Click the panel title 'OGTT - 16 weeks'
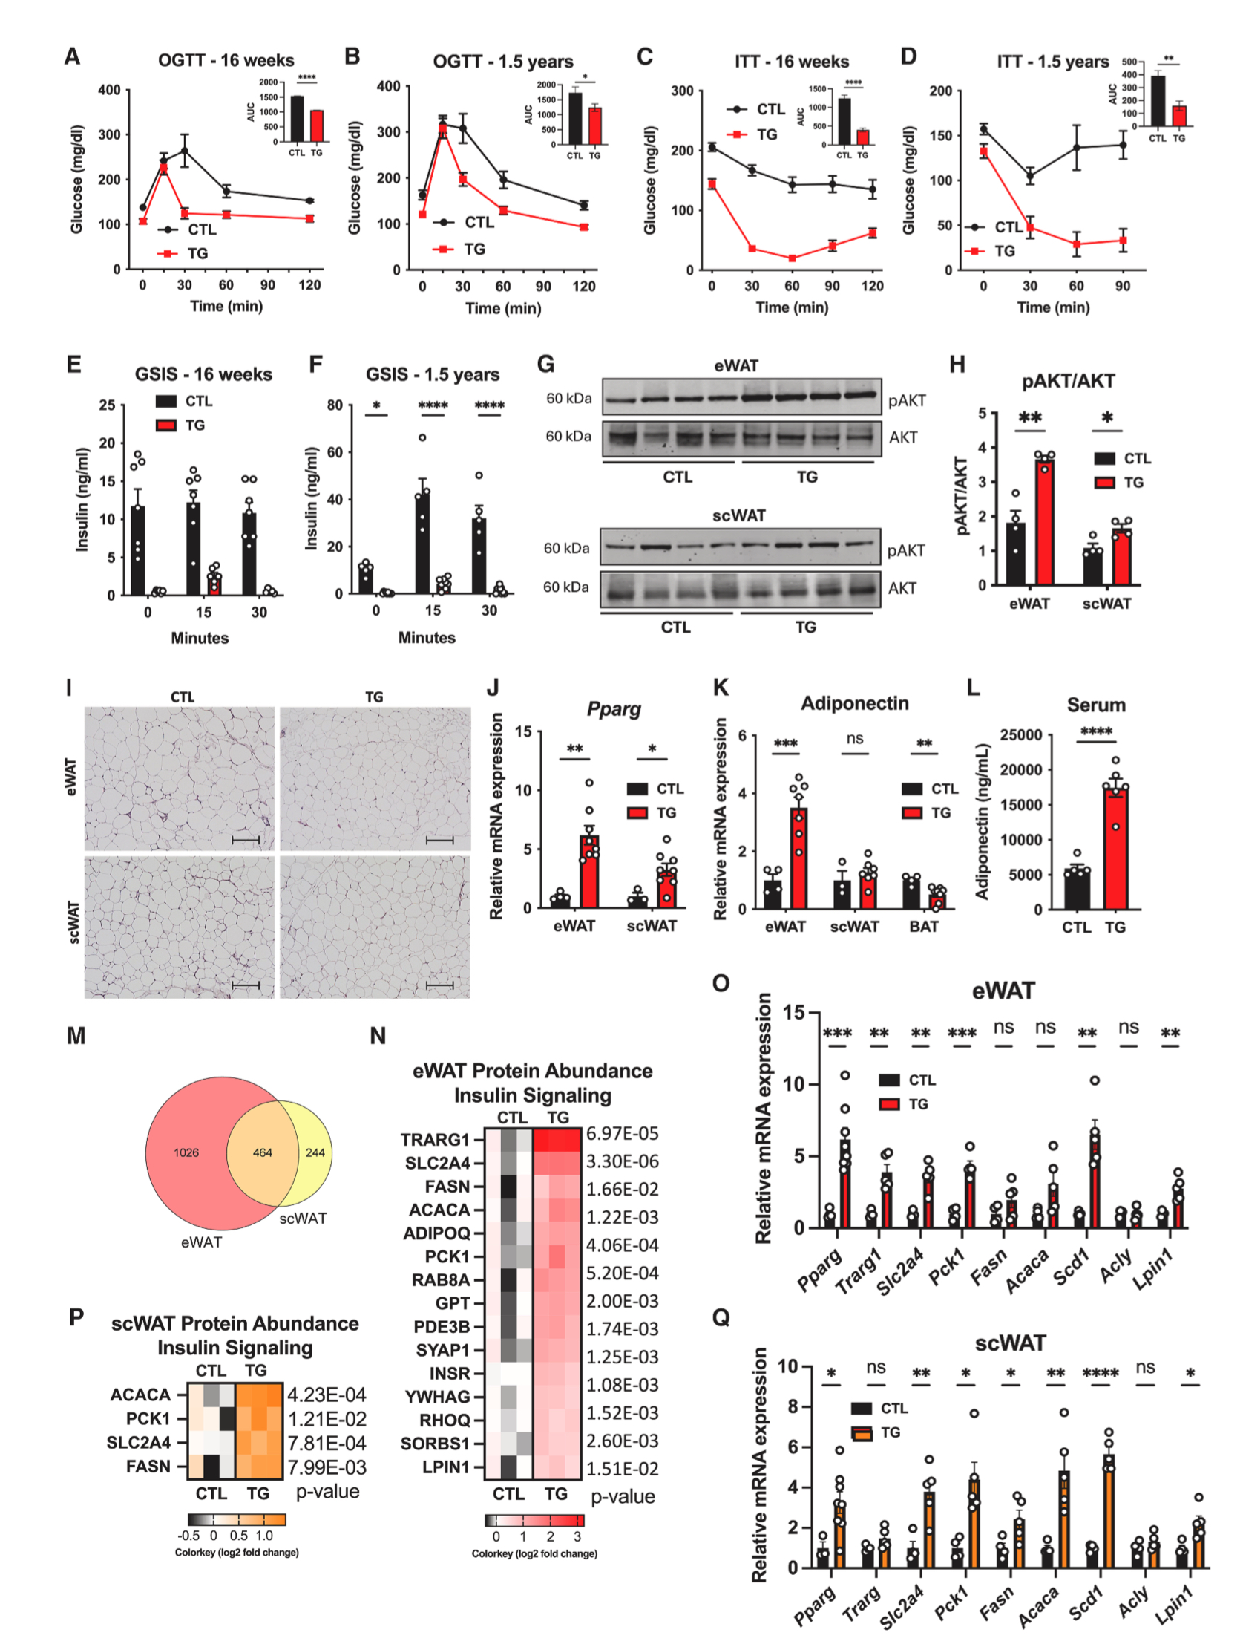click(x=226, y=60)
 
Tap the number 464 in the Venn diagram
click(x=262, y=1152)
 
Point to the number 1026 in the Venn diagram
click(x=186, y=1152)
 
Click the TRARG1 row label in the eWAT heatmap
click(x=436, y=1140)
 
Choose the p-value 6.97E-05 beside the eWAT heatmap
click(x=623, y=1133)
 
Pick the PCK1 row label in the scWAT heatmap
click(x=148, y=1418)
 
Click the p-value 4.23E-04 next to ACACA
click(x=327, y=1395)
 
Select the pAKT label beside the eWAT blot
click(x=907, y=400)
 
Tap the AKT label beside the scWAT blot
click(x=902, y=588)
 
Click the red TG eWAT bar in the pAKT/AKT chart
click(x=1044, y=521)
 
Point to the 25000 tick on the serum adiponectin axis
click(x=1020, y=735)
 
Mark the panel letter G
click(x=545, y=364)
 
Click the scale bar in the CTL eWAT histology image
click(x=246, y=841)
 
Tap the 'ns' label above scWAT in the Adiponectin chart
click(x=854, y=738)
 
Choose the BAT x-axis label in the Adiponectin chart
click(x=924, y=926)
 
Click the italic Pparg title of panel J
click(x=613, y=709)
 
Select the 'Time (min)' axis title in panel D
click(x=1053, y=307)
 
